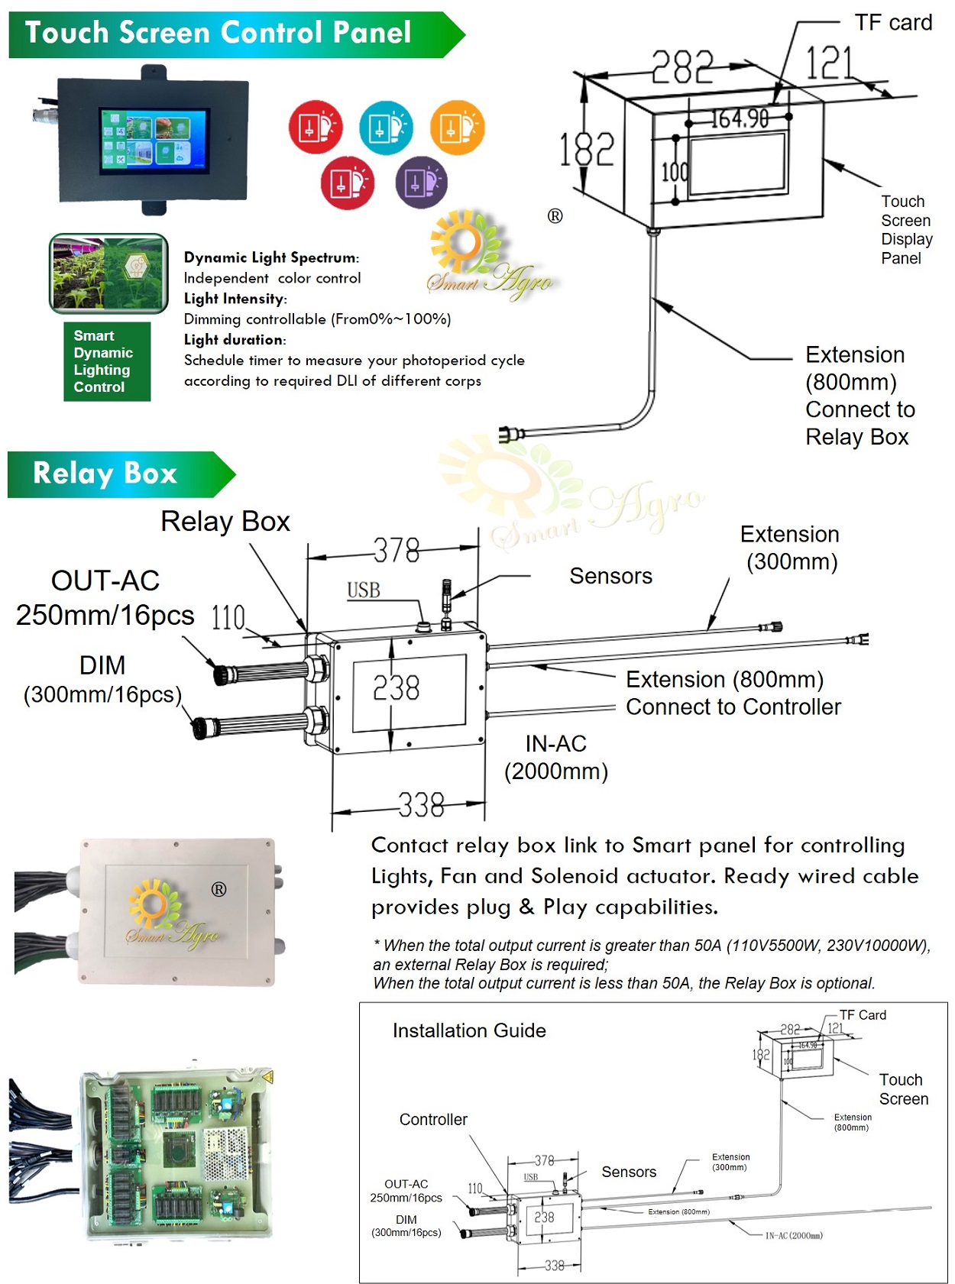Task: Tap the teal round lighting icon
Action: coord(386,128)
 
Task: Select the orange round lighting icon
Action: coord(457,128)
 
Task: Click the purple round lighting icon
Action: coord(421,183)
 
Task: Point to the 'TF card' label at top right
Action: coord(892,23)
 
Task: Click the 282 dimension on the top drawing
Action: coord(682,67)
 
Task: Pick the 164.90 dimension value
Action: coord(739,118)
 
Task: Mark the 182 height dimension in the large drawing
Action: coord(587,149)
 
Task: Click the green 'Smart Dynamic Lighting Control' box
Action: coord(107,361)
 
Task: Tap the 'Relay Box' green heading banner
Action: coord(105,474)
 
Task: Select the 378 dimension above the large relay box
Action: coord(397,550)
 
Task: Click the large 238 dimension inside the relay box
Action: coord(396,688)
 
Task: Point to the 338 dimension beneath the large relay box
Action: coord(421,805)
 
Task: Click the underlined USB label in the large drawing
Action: coord(364,590)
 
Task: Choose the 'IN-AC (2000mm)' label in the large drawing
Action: coord(556,757)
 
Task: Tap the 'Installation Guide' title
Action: coord(469,1030)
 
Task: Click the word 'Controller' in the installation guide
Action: coord(433,1119)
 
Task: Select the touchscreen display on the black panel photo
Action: coord(154,139)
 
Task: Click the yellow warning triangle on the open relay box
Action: coord(267,1077)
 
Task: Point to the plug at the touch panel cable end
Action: coord(509,435)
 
